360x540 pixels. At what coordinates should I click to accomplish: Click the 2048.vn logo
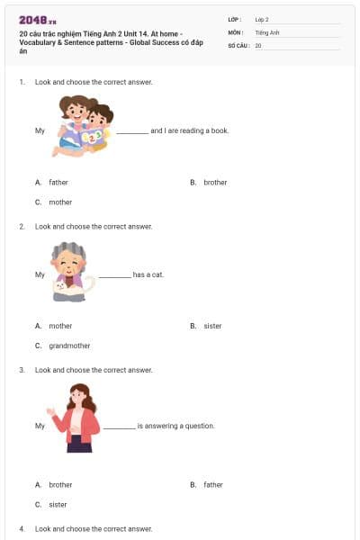click(x=38, y=19)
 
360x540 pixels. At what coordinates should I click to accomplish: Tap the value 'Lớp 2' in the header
click(x=262, y=19)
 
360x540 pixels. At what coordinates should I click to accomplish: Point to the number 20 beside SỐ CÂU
click(x=258, y=44)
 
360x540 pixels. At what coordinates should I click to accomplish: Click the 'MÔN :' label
click(x=237, y=31)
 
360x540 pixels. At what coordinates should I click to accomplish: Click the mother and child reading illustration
click(x=85, y=126)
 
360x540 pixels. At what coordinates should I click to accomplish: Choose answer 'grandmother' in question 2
click(x=69, y=345)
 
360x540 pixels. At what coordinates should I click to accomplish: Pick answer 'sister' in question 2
click(x=212, y=326)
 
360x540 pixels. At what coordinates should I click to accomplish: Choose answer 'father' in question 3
click(x=212, y=484)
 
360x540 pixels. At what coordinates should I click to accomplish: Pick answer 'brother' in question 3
click(x=60, y=484)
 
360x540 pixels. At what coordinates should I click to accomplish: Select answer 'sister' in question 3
click(x=58, y=504)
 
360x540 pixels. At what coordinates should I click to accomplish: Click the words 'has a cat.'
click(x=148, y=274)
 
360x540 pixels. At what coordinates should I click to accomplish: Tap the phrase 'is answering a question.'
click(x=175, y=425)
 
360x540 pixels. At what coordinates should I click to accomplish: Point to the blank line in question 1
click(x=132, y=131)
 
